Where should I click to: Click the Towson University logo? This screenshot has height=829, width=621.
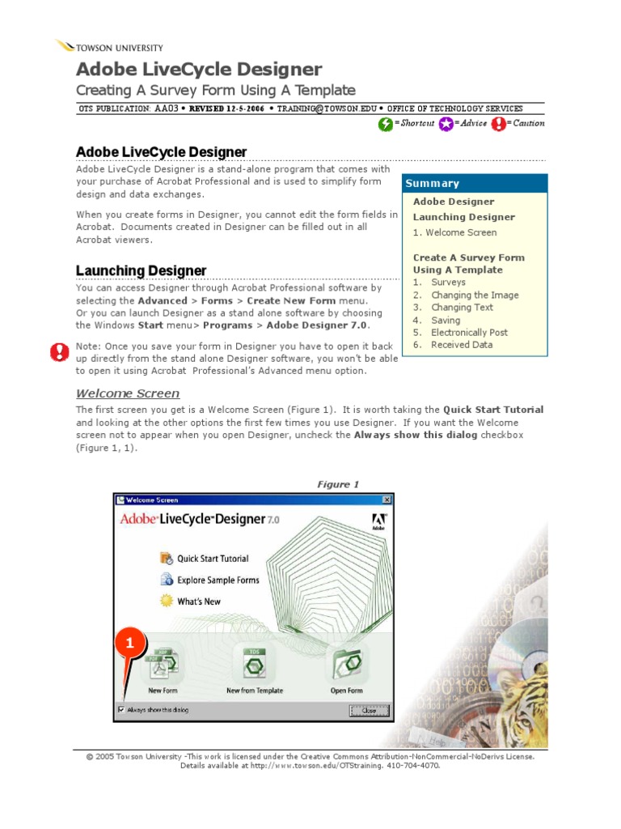tap(109, 47)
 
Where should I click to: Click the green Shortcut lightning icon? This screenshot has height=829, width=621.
tap(386, 124)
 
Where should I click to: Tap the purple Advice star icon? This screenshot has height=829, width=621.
tap(445, 124)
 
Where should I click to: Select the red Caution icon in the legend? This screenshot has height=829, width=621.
tap(498, 124)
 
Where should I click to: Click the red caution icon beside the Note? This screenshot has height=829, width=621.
tap(60, 351)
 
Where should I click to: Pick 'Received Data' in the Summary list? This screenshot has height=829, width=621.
tap(461, 345)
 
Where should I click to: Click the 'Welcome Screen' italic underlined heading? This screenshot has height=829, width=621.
tap(128, 393)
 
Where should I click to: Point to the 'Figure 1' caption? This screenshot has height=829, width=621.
tap(338, 484)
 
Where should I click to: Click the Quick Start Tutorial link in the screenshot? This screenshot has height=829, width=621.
tap(213, 559)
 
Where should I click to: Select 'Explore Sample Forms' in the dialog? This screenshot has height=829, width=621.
tap(218, 580)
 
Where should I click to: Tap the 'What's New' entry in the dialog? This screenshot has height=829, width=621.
tap(199, 602)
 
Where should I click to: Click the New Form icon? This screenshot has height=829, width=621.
tap(163, 664)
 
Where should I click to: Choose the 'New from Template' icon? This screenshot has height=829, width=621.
tap(255, 664)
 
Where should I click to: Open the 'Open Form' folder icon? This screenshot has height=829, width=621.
tap(346, 664)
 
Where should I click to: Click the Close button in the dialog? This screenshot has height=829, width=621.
tap(369, 710)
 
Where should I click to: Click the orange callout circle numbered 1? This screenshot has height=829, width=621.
tap(131, 644)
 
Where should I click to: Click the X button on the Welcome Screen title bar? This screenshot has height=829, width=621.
tap(387, 500)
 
